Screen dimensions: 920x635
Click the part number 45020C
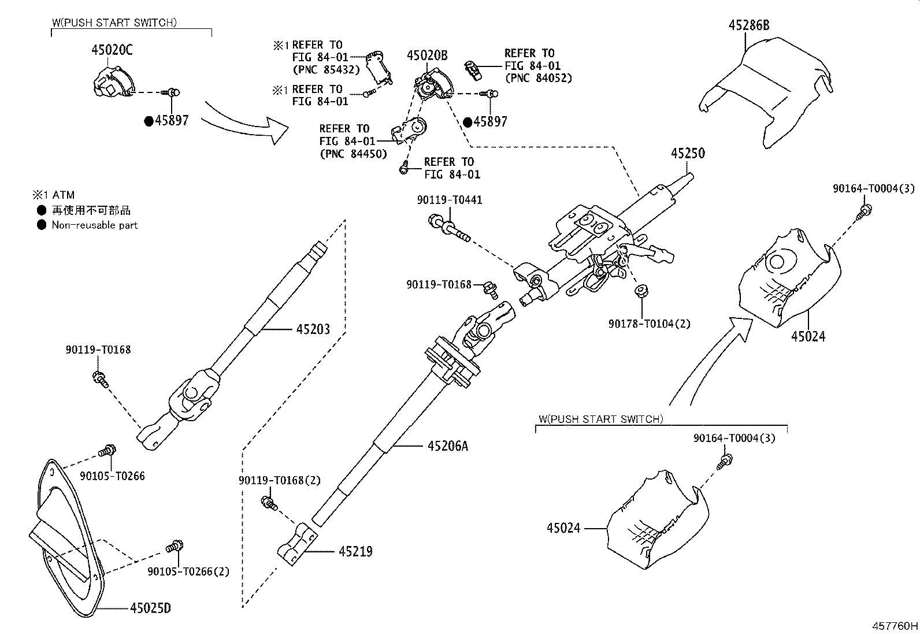click(x=112, y=50)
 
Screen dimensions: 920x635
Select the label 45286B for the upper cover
click(x=749, y=25)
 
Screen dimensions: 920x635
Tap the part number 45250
click(x=688, y=153)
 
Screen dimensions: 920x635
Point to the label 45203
click(x=313, y=329)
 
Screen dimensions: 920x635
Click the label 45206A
click(x=448, y=445)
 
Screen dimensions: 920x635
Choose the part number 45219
click(x=355, y=551)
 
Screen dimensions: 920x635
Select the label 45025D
click(x=150, y=608)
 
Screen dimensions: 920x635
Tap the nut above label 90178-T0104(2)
click(x=641, y=291)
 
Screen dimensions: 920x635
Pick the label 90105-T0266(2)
click(x=188, y=571)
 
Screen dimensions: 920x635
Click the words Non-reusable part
click(x=95, y=225)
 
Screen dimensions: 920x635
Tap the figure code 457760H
click(x=895, y=626)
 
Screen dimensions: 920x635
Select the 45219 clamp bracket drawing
click(x=296, y=544)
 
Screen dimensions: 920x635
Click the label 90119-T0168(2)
click(x=280, y=480)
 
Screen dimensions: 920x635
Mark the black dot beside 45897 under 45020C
click(x=149, y=121)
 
